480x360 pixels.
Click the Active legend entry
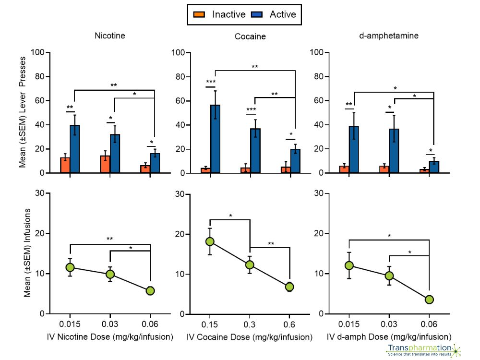point(275,14)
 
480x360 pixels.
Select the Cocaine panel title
point(250,36)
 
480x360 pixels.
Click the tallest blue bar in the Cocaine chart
point(216,139)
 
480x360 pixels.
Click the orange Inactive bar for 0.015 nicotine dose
point(65,165)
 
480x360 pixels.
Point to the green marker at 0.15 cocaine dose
point(210,241)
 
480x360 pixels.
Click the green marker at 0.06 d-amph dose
point(429,299)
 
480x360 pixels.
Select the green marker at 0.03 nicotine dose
point(110,274)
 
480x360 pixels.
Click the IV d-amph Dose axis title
point(389,337)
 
